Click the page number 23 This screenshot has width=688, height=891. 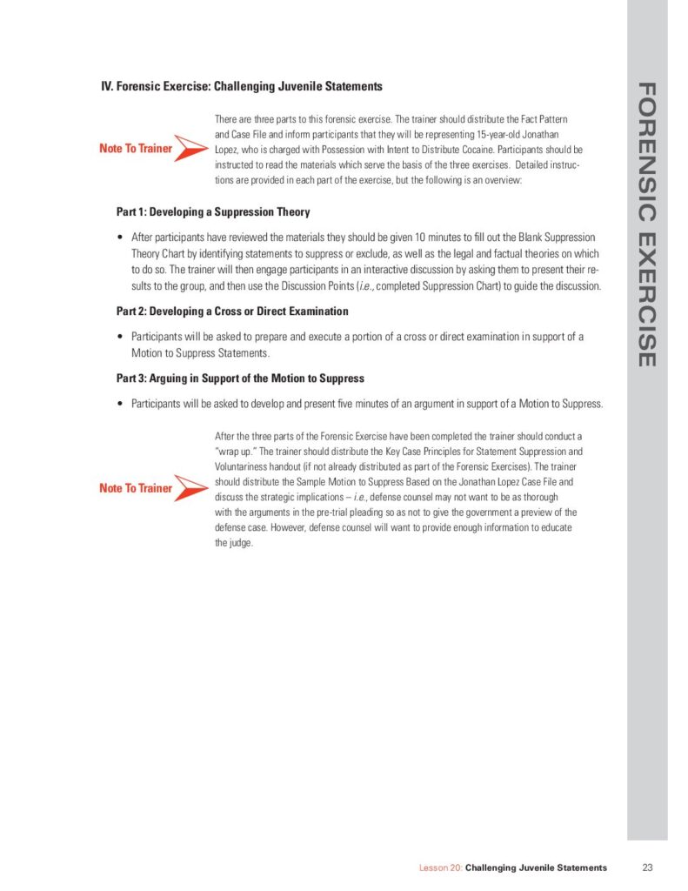coord(647,868)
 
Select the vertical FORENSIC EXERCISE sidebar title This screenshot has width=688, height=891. coord(646,224)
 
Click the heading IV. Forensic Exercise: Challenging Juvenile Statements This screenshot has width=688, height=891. coord(242,86)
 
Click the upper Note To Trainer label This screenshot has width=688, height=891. coord(136,149)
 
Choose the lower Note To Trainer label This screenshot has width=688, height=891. coord(136,488)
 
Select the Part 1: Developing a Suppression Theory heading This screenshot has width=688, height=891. coord(213,211)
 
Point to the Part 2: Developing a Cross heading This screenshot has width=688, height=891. coord(232,312)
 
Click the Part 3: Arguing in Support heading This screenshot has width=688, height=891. coord(240,379)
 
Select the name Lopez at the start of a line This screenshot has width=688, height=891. coord(228,150)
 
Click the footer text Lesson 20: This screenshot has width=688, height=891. coord(440,868)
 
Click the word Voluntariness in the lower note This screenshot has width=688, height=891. coord(242,466)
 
